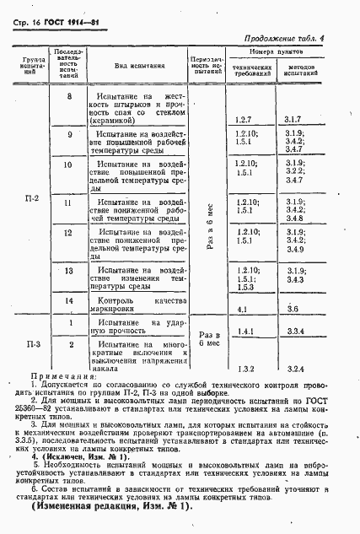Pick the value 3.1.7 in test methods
point(294,121)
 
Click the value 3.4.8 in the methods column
point(294,218)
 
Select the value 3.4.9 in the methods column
point(294,251)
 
